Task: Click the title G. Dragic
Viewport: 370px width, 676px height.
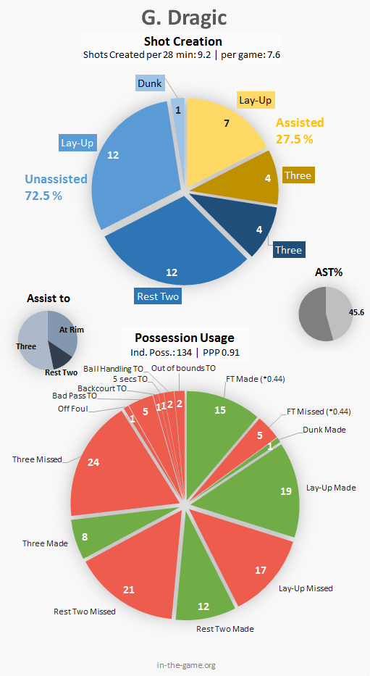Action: (185, 18)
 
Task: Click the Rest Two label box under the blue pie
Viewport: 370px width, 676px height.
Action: (157, 296)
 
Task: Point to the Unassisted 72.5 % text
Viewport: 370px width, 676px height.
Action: (56, 187)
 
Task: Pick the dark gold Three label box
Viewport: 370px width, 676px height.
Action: (298, 175)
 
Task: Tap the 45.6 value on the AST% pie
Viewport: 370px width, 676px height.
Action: (356, 312)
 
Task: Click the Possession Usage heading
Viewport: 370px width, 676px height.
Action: (185, 338)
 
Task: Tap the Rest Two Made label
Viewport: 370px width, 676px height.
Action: (225, 629)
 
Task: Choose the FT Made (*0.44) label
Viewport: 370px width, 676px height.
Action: (256, 379)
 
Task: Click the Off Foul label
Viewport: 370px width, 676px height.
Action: (73, 409)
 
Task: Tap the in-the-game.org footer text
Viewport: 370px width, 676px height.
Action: (186, 665)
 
